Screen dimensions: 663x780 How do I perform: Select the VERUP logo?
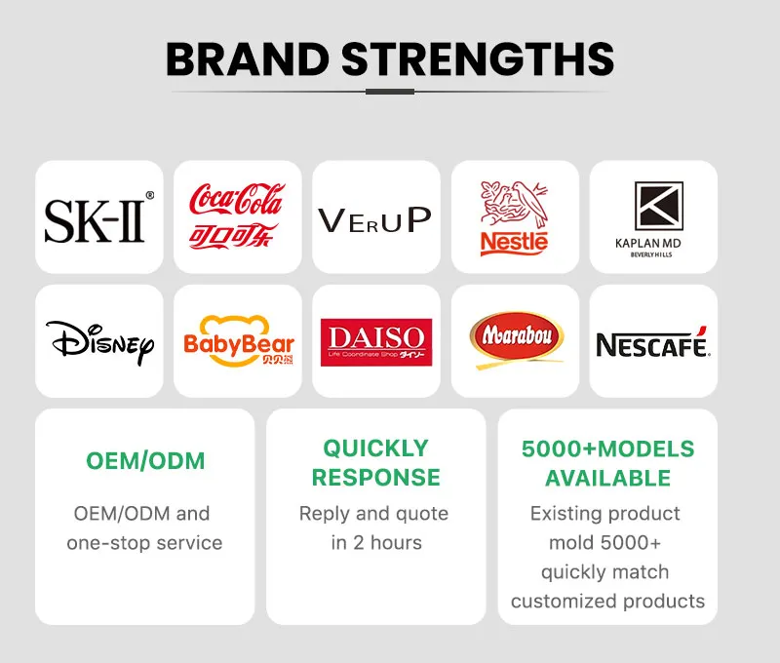[374, 218]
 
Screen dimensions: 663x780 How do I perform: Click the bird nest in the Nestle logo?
[514, 205]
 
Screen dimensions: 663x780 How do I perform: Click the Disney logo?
[99, 341]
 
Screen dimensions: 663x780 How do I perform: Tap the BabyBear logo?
[238, 341]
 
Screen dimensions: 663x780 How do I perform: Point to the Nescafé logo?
[652, 343]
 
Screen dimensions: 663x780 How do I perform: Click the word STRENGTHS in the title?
[481, 59]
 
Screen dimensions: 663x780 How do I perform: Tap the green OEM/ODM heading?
[145, 461]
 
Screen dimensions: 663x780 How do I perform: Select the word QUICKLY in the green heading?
[375, 448]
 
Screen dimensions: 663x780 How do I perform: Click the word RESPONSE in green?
[375, 478]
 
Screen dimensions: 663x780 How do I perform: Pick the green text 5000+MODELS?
[607, 449]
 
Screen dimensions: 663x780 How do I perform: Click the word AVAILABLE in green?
[607, 479]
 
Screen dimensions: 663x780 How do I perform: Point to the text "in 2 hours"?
[375, 542]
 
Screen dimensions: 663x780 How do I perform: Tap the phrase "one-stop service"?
[144, 542]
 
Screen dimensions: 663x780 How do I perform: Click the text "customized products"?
[607, 601]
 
